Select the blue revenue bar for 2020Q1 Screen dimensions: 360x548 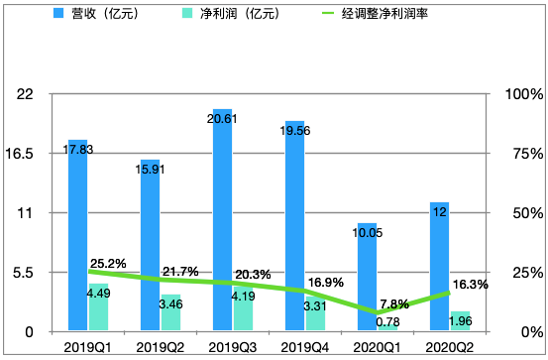368,277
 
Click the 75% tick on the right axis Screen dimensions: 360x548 522,154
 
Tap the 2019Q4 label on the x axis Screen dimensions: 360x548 305,347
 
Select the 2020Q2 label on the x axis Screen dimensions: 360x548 450,347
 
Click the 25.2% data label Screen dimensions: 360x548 107,264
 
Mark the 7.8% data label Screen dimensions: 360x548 393,304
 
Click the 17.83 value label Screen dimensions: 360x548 79,149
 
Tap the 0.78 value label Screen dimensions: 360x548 387,321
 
